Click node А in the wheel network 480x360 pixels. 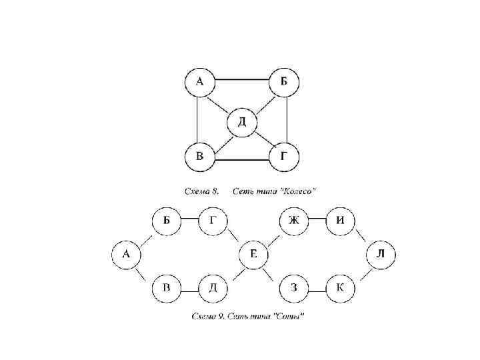point(199,83)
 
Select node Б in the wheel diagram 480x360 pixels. point(284,83)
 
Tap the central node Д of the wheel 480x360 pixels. point(241,122)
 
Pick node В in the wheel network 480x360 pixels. point(199,157)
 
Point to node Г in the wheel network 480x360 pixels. point(284,157)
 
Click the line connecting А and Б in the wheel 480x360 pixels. point(241,80)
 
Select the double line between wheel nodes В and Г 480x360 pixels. point(241,160)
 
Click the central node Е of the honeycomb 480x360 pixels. point(253,254)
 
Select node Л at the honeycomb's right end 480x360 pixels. point(381,254)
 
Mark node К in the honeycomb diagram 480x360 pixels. point(340,289)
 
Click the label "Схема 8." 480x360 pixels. point(202,191)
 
